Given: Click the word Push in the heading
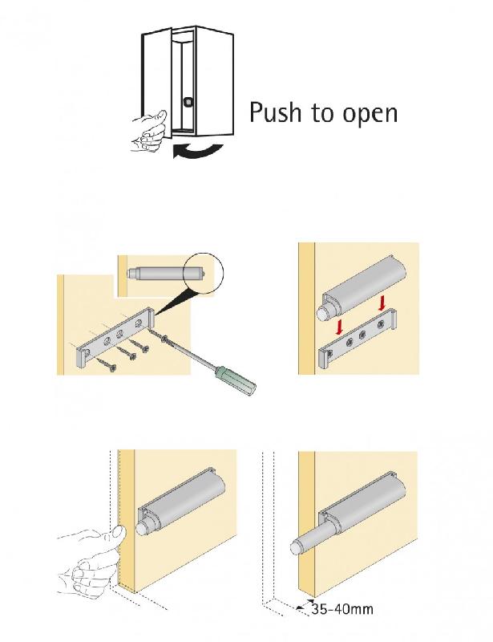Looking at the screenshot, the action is pos(274,112).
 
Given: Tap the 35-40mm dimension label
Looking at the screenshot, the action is pos(342,609).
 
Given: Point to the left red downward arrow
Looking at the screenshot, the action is pos(339,327).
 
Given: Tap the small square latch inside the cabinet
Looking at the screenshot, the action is pos(188,101).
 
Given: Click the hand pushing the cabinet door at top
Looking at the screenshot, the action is pos(149,131).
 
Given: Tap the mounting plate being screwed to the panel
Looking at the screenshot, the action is pos(114,335).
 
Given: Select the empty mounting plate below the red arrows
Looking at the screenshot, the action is pos(358,338).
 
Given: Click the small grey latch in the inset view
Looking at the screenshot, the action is pos(168,272).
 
